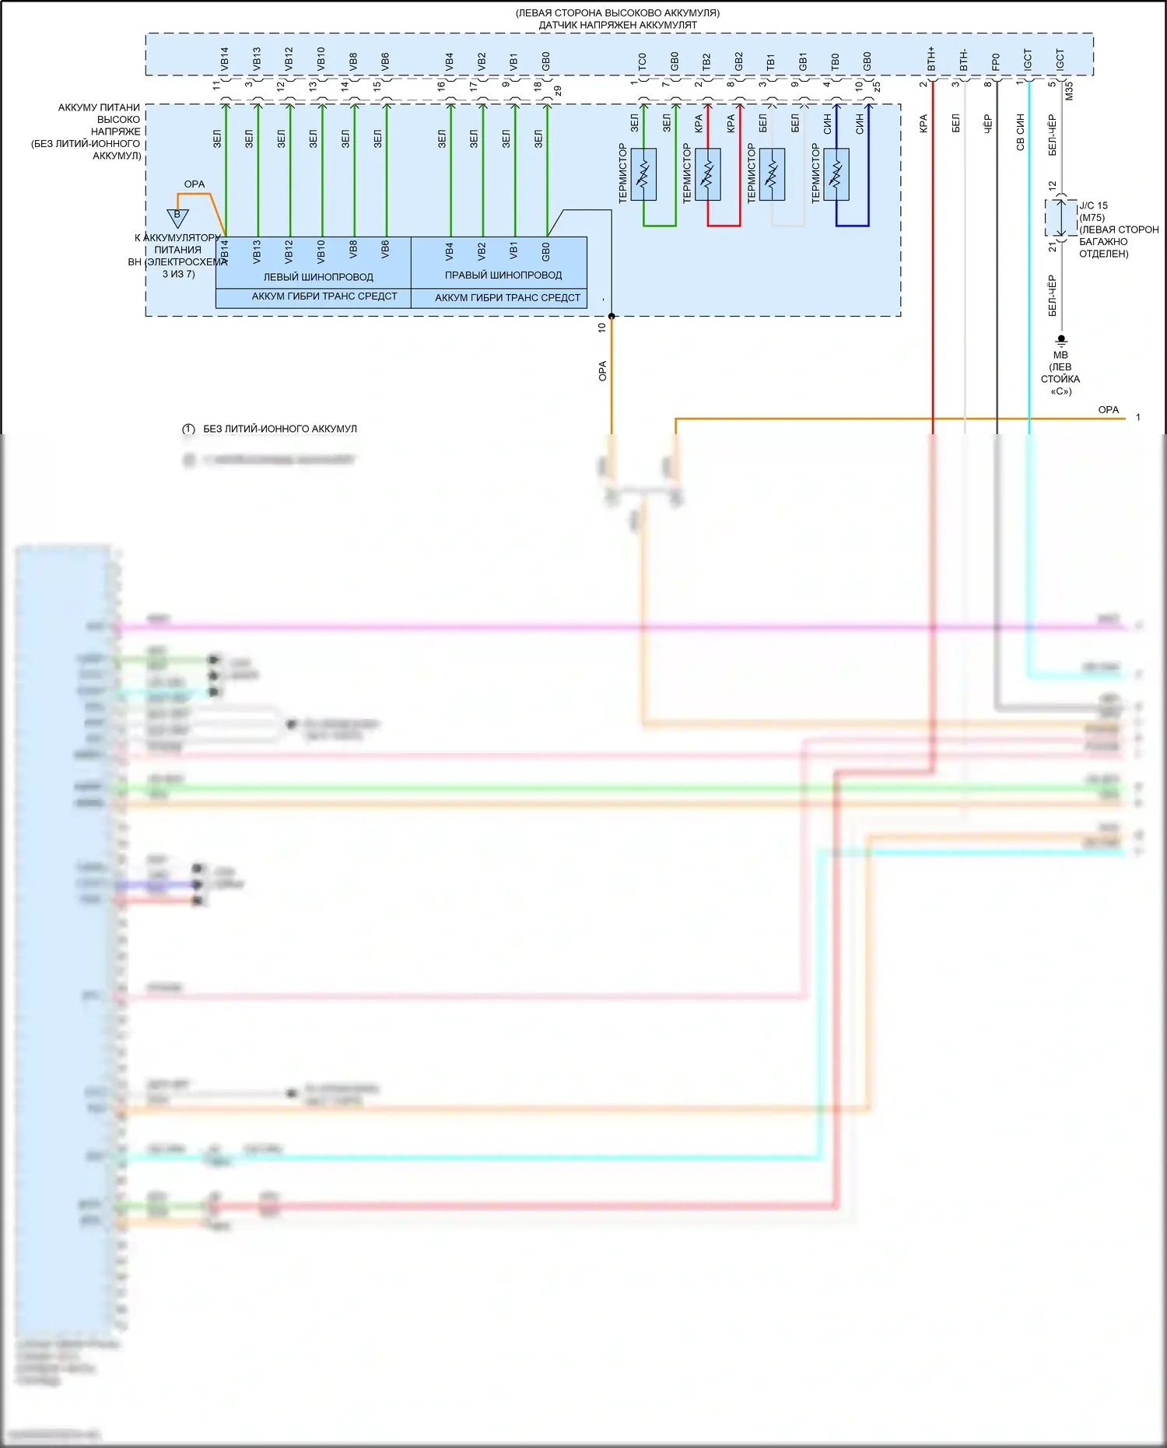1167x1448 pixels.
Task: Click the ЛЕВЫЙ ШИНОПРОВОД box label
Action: [318, 277]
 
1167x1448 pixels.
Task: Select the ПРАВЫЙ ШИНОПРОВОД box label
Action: [503, 275]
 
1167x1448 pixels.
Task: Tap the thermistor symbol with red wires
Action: [708, 174]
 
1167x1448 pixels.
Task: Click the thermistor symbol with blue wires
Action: [836, 174]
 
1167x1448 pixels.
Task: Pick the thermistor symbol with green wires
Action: [643, 174]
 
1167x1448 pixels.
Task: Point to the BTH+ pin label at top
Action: [931, 59]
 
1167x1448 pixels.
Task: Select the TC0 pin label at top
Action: [642, 61]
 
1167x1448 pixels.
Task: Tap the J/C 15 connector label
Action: [1093, 205]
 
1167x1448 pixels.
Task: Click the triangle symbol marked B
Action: [177, 217]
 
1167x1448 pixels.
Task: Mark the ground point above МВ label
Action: [1061, 340]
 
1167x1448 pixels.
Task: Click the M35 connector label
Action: [1069, 90]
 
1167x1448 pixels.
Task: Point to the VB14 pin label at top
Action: [225, 59]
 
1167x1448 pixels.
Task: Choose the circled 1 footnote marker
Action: [188, 429]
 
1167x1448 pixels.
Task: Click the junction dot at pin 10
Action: [612, 316]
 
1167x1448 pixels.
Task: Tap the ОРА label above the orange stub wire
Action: [194, 184]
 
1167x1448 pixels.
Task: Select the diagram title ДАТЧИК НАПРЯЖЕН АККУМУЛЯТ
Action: [618, 25]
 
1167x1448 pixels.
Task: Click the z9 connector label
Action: [557, 90]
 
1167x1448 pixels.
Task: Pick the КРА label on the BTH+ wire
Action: [923, 124]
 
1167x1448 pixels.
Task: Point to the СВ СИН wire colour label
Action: [1020, 131]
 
